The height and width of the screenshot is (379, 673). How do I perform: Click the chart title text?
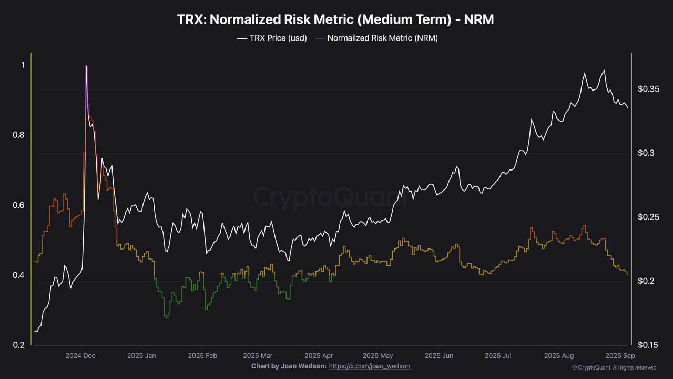[x=336, y=20]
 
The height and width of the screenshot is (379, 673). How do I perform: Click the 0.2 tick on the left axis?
[x=18, y=345]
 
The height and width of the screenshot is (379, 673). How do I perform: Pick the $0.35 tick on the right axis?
[x=649, y=89]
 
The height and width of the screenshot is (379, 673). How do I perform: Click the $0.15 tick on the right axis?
[x=649, y=345]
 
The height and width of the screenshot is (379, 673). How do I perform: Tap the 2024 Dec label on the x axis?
[x=80, y=356]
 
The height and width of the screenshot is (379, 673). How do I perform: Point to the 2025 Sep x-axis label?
[x=619, y=356]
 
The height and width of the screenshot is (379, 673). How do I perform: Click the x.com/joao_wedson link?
[x=370, y=366]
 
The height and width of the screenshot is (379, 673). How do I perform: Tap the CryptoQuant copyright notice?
[x=614, y=367]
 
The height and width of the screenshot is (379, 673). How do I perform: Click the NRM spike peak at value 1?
[x=86, y=66]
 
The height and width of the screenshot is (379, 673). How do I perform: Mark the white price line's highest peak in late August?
[x=604, y=71]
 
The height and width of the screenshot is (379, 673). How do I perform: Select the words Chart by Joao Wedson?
[x=289, y=366]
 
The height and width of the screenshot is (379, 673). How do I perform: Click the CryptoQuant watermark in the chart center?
[x=330, y=197]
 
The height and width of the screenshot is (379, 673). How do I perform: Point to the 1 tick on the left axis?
[x=22, y=65]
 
